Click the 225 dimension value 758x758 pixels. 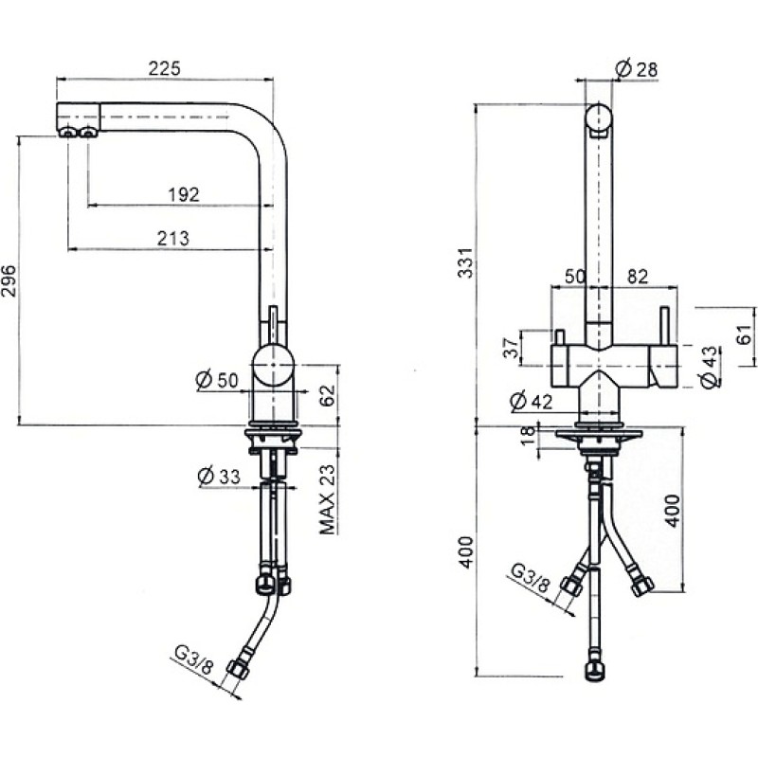point(164,68)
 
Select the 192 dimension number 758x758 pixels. point(184,194)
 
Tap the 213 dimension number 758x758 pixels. point(173,239)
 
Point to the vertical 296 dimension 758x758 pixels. point(9,280)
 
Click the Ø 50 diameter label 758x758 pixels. point(217,380)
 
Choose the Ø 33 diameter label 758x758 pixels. point(219,477)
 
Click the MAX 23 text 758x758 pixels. point(327,499)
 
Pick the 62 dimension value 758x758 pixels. point(327,395)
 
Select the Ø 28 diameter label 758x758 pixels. point(636,68)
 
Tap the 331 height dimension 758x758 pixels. point(465,263)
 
